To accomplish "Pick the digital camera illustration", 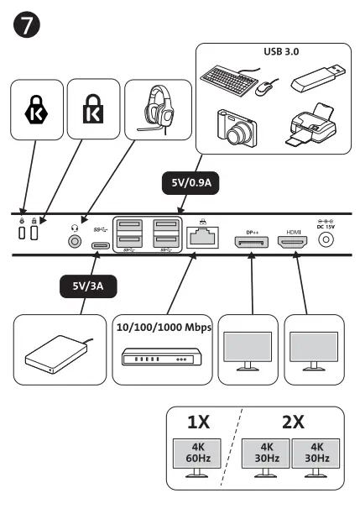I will tap(236, 127).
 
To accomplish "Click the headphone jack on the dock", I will tap(76, 240).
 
